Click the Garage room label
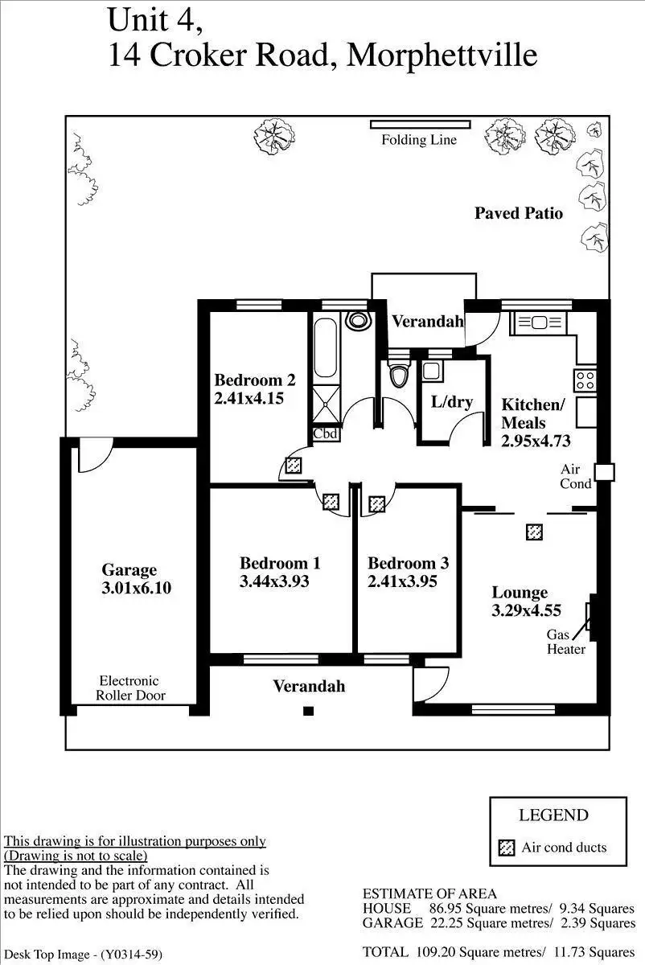(x=129, y=570)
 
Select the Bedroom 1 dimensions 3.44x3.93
(x=274, y=581)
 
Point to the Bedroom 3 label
(x=408, y=564)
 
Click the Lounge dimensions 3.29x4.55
(x=526, y=610)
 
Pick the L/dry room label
(x=452, y=402)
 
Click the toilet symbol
(x=398, y=375)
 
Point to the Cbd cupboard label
(x=326, y=433)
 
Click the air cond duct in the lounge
(x=534, y=532)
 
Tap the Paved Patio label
(x=518, y=213)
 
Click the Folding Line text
(x=418, y=140)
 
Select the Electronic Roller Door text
(x=129, y=688)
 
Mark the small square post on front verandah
(x=308, y=710)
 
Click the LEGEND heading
(x=553, y=815)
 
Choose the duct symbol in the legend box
(x=506, y=848)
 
